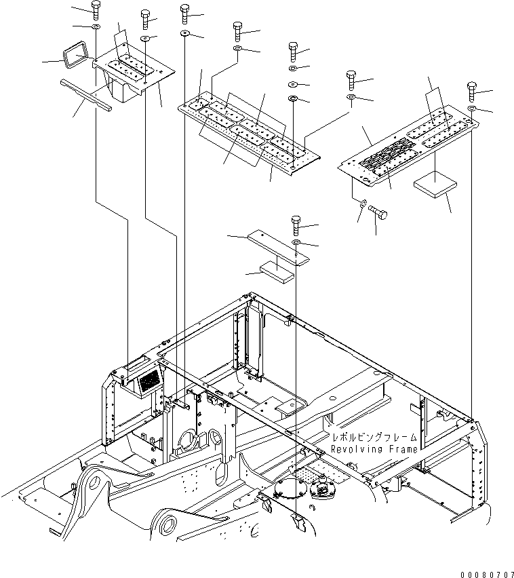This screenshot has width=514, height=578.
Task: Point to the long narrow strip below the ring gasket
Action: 85,94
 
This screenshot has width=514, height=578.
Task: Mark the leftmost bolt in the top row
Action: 95,10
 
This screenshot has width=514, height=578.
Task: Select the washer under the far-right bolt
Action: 472,109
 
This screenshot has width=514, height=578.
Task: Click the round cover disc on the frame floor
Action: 292,490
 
